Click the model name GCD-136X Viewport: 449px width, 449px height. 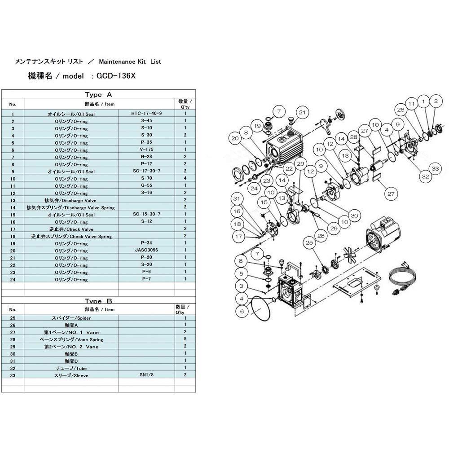(116, 76)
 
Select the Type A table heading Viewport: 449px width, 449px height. (98, 94)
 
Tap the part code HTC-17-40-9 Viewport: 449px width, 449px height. (146, 114)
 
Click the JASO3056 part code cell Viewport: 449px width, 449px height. (146, 250)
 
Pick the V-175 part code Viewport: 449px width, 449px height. (146, 150)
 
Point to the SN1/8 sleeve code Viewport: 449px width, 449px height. (146, 374)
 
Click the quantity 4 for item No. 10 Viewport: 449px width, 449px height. (185, 178)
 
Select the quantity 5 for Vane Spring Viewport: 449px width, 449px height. (185, 339)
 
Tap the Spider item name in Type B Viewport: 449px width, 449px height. (71, 318)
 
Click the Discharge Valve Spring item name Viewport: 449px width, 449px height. (71, 207)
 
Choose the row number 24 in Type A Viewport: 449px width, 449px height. (13, 279)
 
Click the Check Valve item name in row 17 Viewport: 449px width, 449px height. (71, 229)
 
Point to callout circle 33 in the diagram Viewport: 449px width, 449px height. (435, 168)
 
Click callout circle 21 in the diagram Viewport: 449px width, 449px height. (302, 113)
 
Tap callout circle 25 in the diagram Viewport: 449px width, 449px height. (309, 243)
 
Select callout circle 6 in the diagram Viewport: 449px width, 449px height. (242, 311)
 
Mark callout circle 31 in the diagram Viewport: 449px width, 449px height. (237, 199)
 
